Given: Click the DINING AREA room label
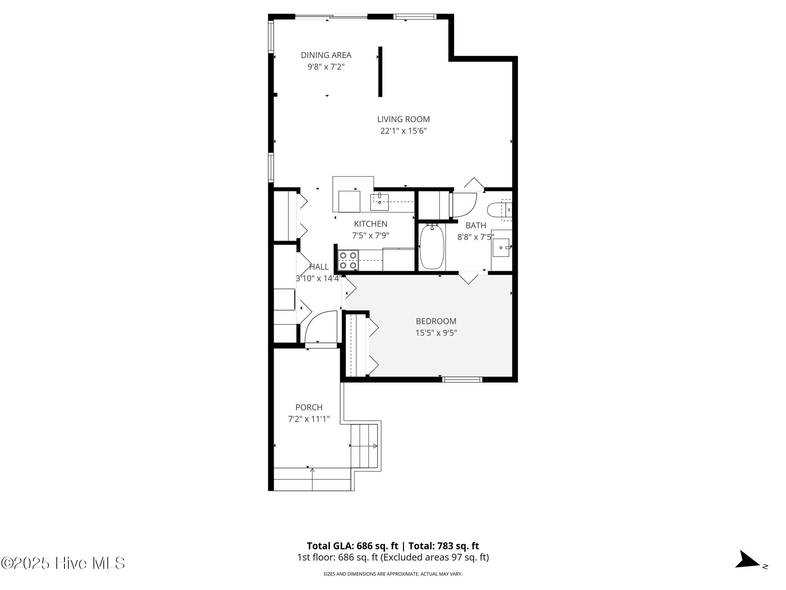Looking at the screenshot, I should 326,55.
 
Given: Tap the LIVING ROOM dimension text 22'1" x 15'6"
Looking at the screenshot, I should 403,131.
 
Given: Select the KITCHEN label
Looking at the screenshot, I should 370,224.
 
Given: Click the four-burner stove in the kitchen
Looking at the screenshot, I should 348,260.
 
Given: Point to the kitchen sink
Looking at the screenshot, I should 379,202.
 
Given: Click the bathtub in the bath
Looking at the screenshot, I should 432,247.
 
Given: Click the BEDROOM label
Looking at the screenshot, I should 436,321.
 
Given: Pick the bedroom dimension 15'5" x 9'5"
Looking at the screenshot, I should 436,333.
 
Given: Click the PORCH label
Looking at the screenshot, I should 309,407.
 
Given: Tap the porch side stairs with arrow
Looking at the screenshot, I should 364,446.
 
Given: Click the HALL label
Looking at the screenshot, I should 319,267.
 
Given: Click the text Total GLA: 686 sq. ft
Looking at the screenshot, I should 352,546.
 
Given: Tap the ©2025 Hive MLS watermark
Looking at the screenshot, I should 63,563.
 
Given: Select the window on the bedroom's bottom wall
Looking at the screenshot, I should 462,380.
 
